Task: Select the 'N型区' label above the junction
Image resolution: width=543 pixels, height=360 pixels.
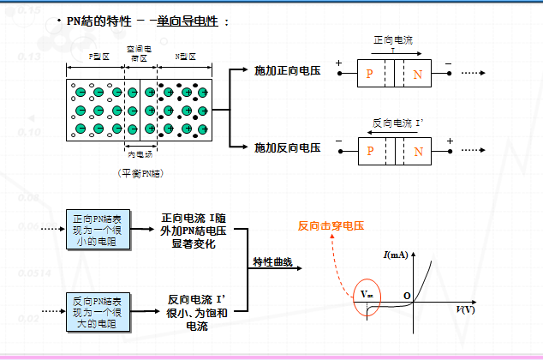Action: pyautogui.click(x=186, y=57)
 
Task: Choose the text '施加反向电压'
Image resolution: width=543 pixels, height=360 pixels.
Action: pyautogui.click(x=287, y=147)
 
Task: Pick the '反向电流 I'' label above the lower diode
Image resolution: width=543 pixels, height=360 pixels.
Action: pyautogui.click(x=398, y=122)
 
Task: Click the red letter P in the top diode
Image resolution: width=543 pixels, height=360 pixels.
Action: pyautogui.click(x=370, y=75)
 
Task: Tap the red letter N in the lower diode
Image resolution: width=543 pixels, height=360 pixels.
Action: pyautogui.click(x=418, y=153)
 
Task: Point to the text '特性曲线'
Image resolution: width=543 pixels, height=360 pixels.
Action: pyautogui.click(x=272, y=261)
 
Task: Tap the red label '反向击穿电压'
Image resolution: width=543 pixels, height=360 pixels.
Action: pyautogui.click(x=331, y=226)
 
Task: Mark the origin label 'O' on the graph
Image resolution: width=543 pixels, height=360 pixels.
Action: pyautogui.click(x=408, y=297)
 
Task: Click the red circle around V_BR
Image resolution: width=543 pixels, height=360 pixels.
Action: pyautogui.click(x=366, y=297)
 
